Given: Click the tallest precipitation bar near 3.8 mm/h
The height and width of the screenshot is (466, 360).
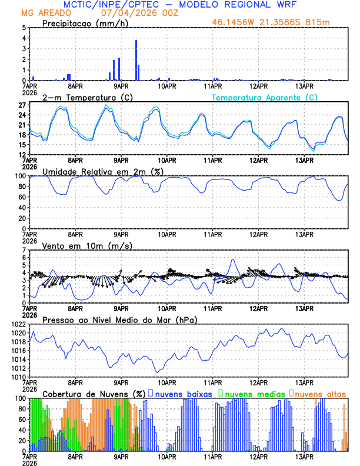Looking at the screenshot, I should coord(136,59).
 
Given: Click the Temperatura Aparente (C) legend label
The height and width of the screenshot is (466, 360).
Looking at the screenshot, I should coord(265,97).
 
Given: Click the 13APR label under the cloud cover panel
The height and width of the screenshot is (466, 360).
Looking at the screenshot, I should coord(304,456).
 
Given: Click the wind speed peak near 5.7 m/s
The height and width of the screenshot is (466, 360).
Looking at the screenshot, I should coord(233,260).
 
